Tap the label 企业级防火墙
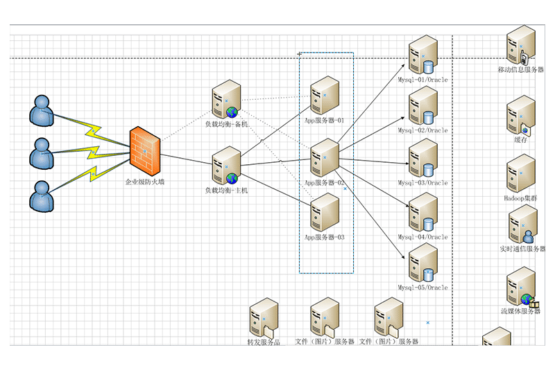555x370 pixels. (145, 182)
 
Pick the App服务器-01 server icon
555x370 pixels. (325, 96)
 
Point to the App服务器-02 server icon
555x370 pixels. (325, 158)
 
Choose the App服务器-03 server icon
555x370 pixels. (325, 213)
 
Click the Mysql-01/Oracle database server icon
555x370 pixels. (422, 55)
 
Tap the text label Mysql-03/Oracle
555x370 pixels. (422, 184)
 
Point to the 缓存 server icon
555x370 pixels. (520, 114)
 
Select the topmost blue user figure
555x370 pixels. (42, 111)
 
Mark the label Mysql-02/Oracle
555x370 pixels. (422, 130)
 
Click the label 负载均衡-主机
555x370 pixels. (226, 190)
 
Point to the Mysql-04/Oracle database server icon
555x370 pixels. (422, 213)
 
